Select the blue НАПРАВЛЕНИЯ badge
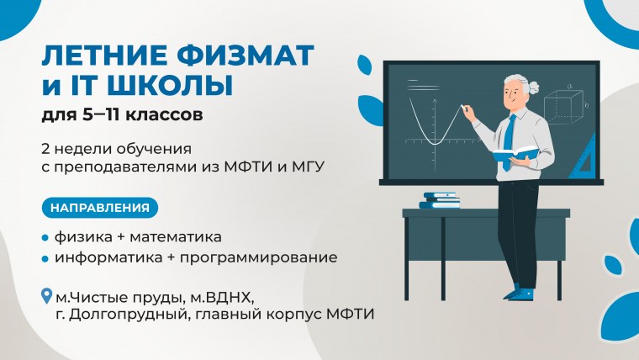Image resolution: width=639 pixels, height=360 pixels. [99, 207]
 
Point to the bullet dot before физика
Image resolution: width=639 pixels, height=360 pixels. [45, 237]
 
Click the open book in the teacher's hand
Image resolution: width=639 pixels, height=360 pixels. [515, 153]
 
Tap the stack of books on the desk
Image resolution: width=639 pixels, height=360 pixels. [441, 200]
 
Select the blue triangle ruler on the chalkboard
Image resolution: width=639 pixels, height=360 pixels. [582, 160]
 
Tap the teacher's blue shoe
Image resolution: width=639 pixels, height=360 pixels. [521, 294]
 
